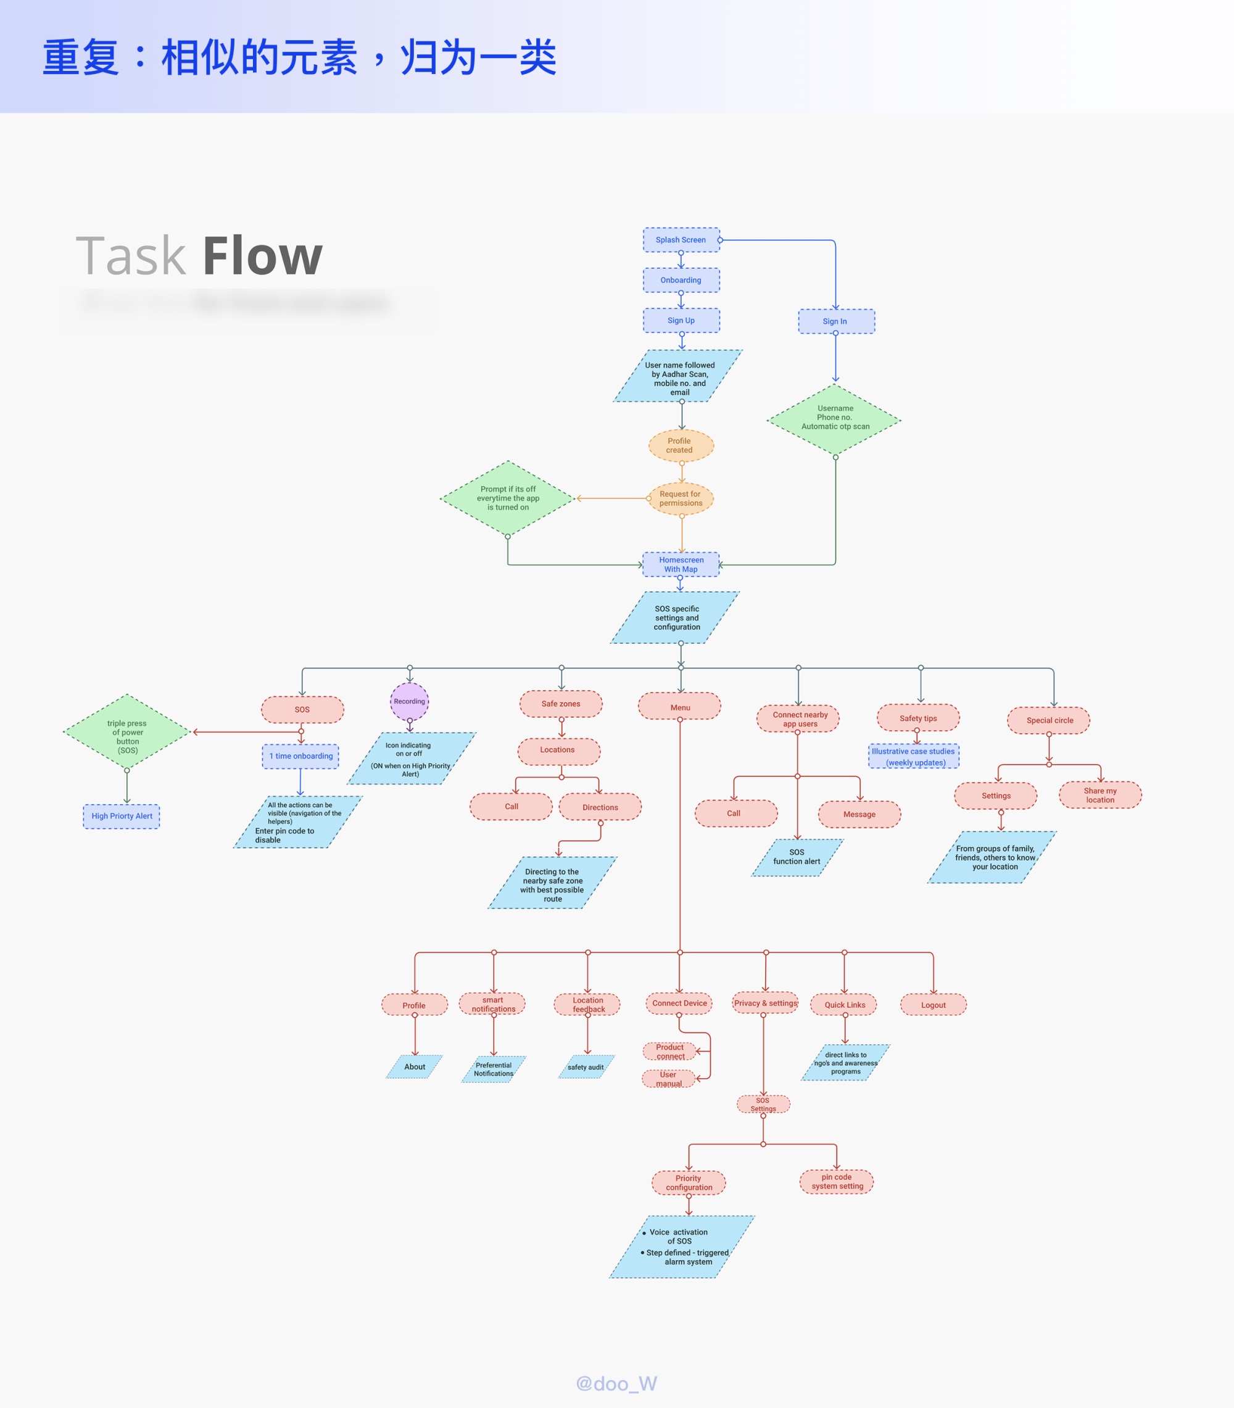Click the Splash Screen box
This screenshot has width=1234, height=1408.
pos(681,240)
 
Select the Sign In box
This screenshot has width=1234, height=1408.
pos(835,321)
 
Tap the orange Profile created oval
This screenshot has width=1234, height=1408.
pos(681,446)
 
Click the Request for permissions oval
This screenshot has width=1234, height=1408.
pos(681,499)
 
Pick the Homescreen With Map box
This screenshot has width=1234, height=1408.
pos(681,564)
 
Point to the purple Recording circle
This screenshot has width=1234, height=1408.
pos(410,701)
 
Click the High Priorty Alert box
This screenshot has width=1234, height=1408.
pos(122,816)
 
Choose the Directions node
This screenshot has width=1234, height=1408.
pos(600,807)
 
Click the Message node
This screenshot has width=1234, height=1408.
pos(859,814)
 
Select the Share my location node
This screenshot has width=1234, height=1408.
pos(1099,796)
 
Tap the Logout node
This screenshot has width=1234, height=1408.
pos(933,1005)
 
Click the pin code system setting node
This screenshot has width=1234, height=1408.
pos(837,1182)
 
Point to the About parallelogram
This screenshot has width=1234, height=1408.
pos(415,1067)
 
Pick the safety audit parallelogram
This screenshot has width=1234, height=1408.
pos(586,1068)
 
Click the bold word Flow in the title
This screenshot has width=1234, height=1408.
pos(262,256)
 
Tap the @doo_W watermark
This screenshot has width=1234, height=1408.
pos(616,1383)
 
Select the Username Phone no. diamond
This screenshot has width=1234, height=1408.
pos(835,418)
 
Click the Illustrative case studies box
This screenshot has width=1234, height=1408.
pos(913,756)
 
